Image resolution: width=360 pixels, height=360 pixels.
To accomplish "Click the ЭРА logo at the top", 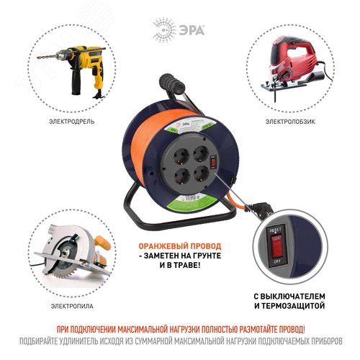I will [x=180, y=30].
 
